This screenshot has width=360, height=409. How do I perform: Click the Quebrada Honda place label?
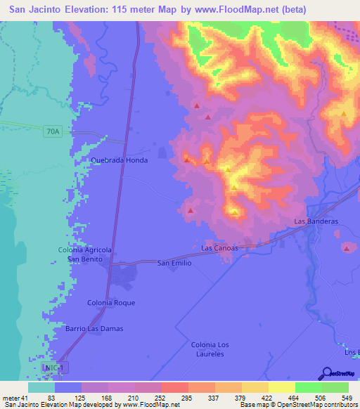click(x=119, y=160)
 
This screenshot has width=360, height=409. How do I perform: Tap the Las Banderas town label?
click(x=316, y=221)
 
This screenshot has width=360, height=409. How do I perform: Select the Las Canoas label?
click(x=219, y=248)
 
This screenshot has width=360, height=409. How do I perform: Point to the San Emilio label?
click(x=174, y=263)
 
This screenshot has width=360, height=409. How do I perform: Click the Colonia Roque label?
click(x=110, y=302)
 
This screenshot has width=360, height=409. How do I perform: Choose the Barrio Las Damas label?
click(x=95, y=329)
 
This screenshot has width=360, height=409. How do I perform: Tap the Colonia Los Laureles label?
click(x=211, y=349)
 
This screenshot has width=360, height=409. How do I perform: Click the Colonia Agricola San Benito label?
click(x=84, y=254)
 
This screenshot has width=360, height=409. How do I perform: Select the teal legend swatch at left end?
click(x=41, y=387)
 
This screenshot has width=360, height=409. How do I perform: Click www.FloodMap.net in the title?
click(x=230, y=9)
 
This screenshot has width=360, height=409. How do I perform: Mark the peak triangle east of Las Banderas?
click(x=347, y=247)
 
